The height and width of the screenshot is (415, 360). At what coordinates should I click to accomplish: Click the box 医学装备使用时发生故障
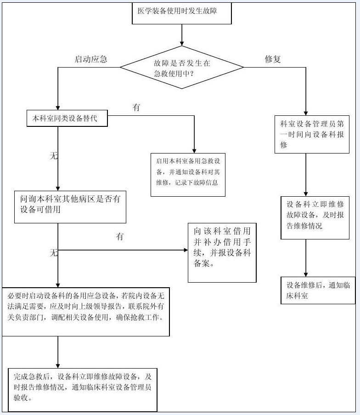pos(181,13)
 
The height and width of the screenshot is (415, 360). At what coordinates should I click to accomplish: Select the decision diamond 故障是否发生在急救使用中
pos(182,68)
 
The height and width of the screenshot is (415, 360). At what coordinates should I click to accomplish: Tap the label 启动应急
pos(91,59)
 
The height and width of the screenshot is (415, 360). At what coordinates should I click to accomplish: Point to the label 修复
pos(272,59)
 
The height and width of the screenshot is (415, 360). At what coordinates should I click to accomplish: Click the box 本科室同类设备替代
pos(67,119)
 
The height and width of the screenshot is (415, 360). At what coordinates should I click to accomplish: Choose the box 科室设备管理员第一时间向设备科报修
pos(315,134)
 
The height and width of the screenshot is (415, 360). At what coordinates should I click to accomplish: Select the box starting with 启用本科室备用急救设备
pos(188,174)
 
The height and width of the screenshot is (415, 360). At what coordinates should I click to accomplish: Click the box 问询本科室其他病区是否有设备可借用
pos(70,206)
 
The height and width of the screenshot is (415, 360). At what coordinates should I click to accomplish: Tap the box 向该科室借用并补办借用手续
pos(222,252)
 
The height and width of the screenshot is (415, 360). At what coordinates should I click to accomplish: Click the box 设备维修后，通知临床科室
pos(318,290)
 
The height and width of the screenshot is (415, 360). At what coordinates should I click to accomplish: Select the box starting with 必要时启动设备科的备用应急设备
pos(86,312)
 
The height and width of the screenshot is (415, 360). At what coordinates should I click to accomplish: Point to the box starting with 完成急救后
pos(83,389)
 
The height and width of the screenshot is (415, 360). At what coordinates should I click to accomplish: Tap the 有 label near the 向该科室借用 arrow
pos(120,237)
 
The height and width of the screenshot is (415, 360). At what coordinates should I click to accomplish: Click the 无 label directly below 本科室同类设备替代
pos(54,156)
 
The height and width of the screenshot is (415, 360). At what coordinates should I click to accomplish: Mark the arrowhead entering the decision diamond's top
pos(182,43)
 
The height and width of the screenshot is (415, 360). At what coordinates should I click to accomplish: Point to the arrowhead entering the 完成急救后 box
pos(58,365)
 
